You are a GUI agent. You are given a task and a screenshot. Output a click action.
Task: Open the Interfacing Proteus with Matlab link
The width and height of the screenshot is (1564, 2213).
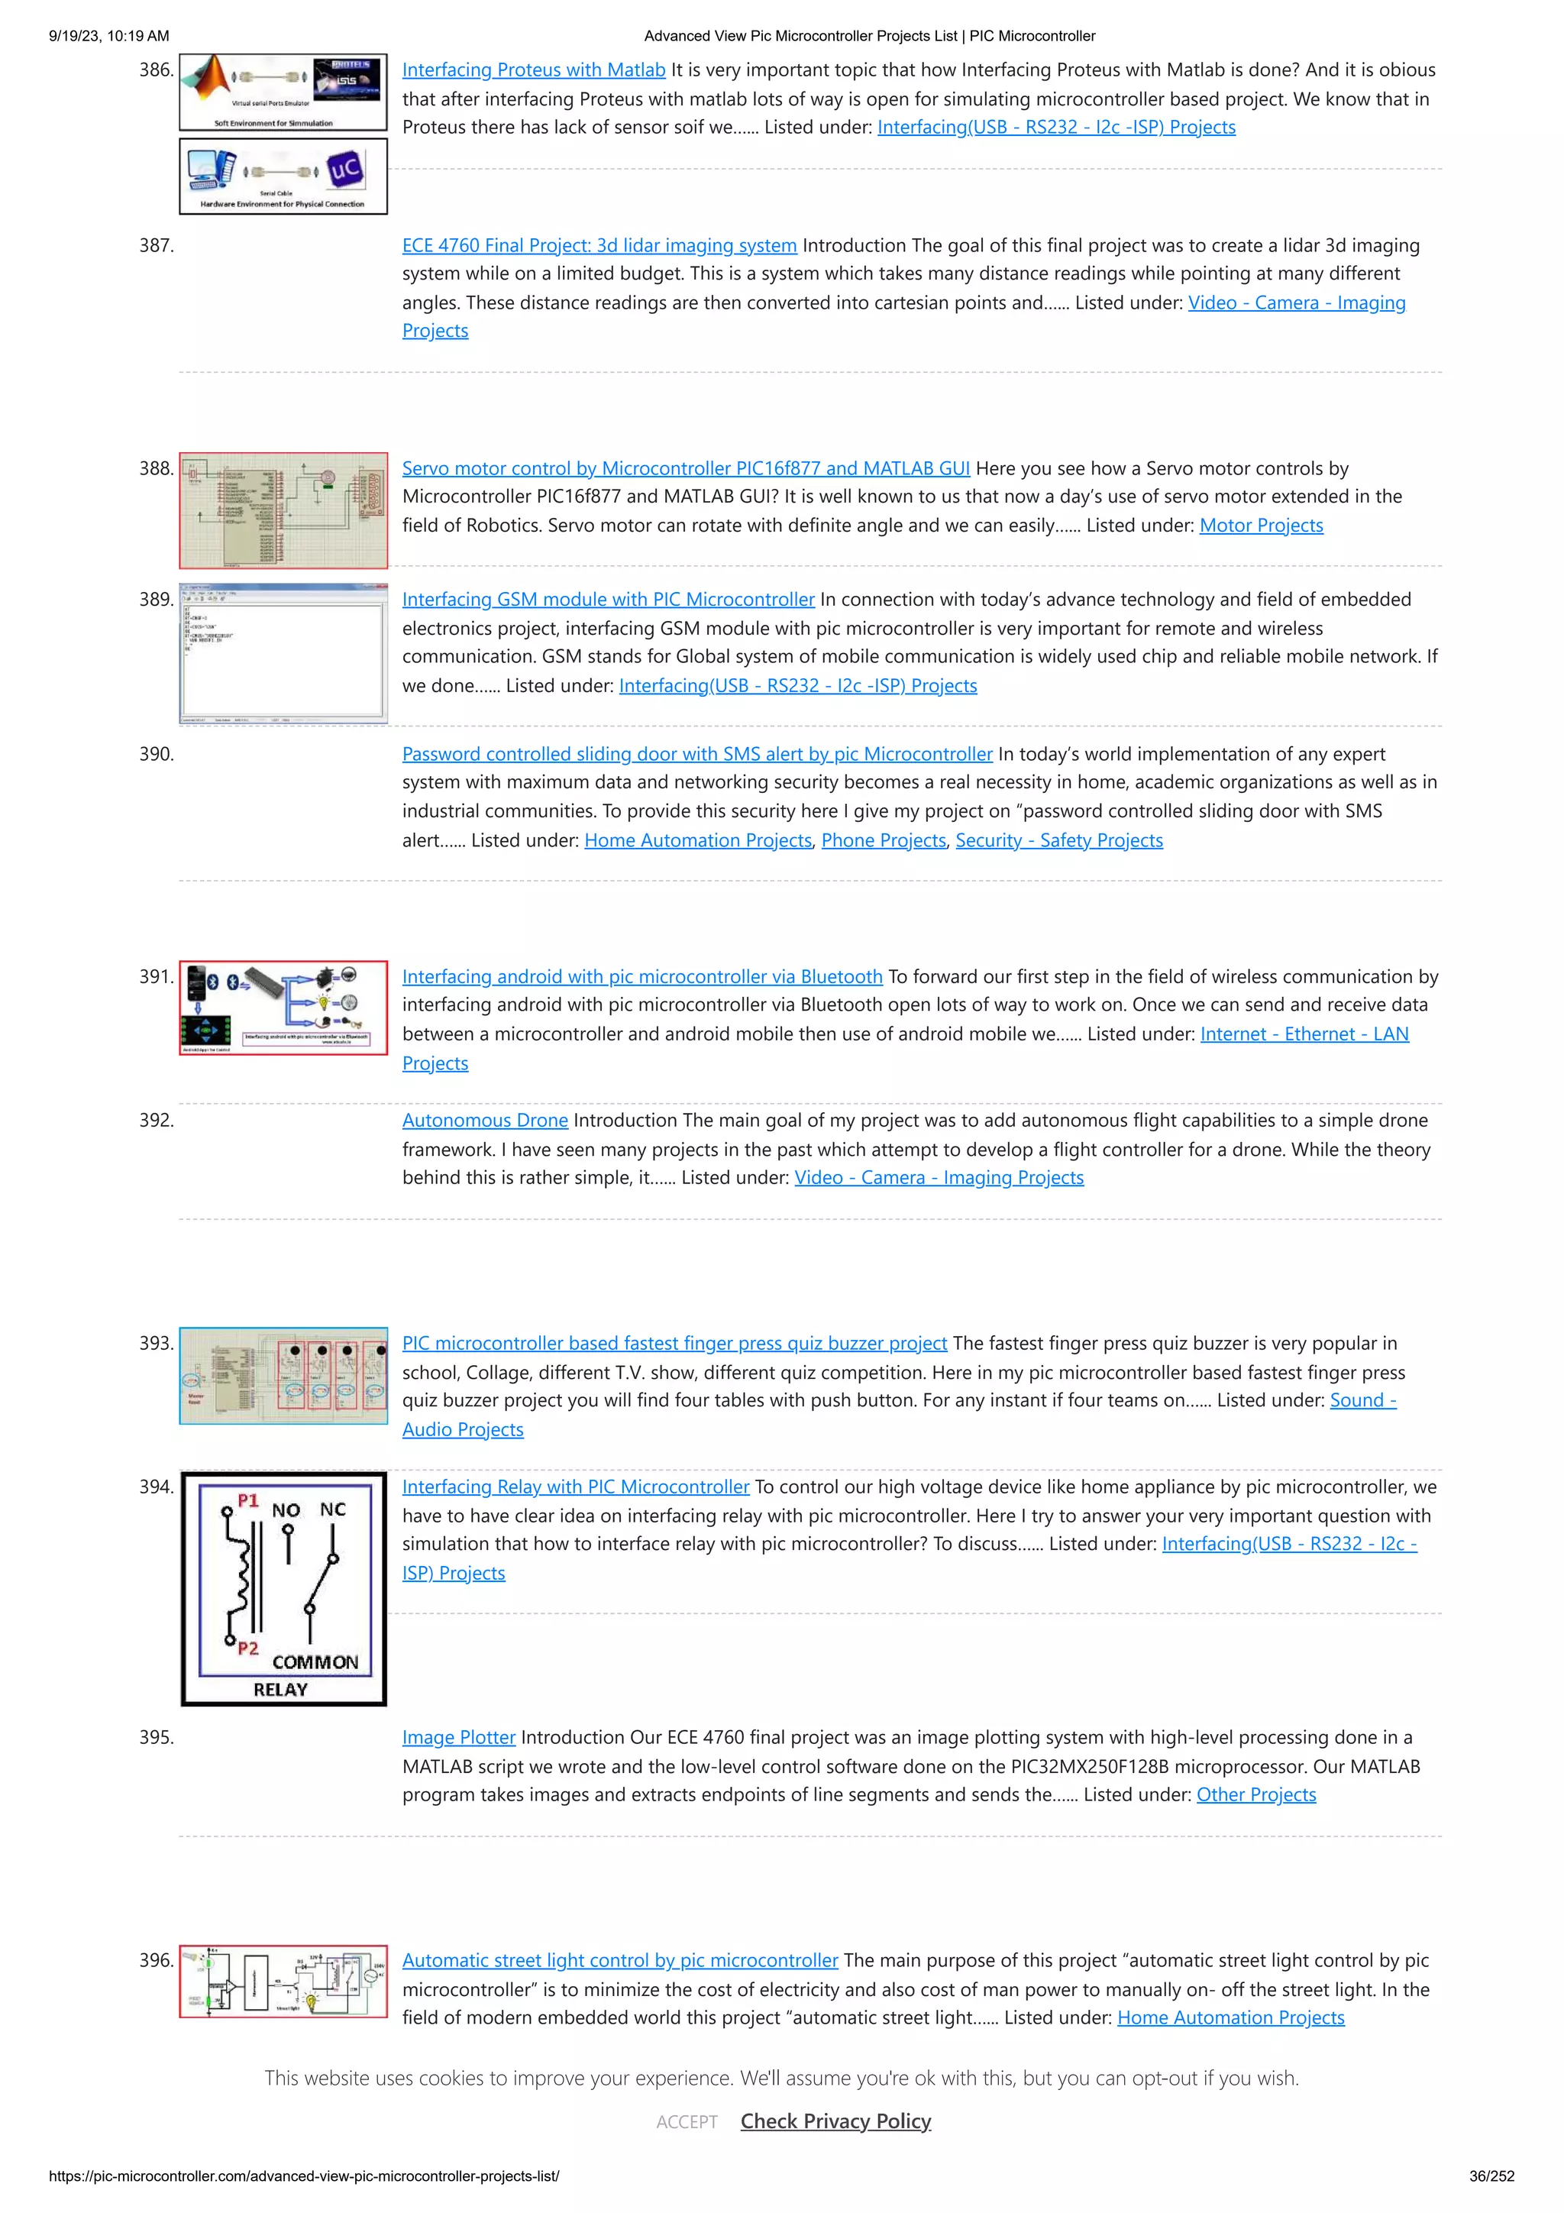point(533,70)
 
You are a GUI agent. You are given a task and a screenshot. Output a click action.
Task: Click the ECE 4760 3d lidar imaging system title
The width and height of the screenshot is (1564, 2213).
point(599,246)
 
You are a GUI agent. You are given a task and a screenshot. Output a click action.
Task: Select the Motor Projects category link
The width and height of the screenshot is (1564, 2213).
point(1261,526)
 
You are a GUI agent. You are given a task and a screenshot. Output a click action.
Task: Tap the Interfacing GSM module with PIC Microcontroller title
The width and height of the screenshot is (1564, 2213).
point(607,600)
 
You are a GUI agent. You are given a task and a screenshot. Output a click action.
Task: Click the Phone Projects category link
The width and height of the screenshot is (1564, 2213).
point(883,840)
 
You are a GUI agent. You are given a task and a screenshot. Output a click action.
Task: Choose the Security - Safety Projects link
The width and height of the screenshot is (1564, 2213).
point(1058,840)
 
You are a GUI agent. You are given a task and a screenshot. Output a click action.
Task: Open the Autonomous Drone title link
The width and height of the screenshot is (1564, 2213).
point(485,1120)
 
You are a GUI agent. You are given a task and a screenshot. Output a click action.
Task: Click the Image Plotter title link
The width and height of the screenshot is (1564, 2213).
point(459,1737)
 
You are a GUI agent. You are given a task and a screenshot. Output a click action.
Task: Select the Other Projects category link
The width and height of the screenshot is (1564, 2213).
point(1255,1794)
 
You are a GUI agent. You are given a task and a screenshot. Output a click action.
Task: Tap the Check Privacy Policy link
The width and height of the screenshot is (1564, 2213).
point(835,2121)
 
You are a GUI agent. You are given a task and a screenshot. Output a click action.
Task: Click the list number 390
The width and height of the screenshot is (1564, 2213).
point(156,755)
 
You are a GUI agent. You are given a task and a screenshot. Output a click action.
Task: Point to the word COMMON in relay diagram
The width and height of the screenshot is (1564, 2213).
point(315,1661)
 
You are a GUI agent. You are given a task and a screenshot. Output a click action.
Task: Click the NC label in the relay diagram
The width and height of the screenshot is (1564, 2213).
point(332,1509)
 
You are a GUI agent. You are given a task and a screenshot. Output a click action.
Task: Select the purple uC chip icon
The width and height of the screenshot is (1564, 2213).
point(345,170)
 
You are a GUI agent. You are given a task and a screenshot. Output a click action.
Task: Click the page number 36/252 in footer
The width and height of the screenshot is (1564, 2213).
point(1491,2176)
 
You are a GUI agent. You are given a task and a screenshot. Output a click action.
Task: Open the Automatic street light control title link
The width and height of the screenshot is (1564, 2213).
point(619,1960)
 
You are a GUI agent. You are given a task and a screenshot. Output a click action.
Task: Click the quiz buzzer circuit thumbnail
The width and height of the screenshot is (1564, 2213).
point(283,1377)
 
